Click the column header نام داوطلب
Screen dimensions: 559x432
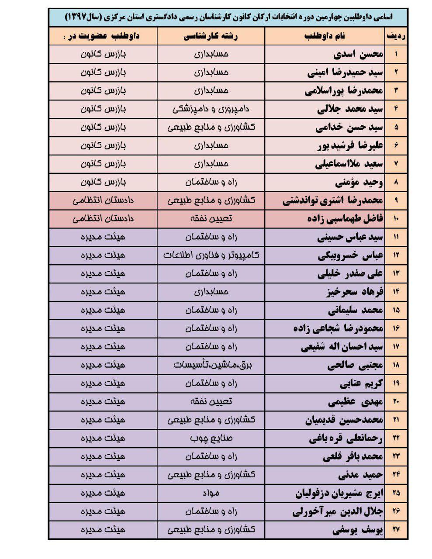click(325, 36)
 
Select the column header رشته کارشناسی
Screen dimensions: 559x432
click(211, 36)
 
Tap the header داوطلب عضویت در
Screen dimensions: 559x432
click(103, 36)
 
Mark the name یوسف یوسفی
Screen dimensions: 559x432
click(357, 530)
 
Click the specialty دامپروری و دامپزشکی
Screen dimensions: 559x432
click(211, 109)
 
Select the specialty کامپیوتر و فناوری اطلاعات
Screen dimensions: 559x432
click(211, 255)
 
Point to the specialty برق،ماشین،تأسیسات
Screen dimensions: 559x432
click(211, 365)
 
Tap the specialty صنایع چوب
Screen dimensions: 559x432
click(211, 438)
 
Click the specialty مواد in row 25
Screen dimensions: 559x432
click(211, 493)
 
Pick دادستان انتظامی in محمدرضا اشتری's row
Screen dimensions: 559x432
click(103, 200)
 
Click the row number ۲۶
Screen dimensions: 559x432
click(396, 511)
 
